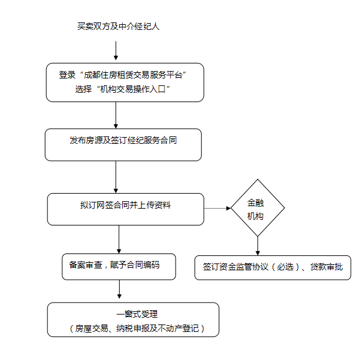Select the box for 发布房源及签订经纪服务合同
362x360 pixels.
(123, 144)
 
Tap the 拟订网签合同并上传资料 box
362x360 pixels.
(125, 209)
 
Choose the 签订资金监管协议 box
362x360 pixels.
(272, 267)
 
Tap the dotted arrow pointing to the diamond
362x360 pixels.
(218, 208)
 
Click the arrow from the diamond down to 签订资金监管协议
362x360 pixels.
(257, 245)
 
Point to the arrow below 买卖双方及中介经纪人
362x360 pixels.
(116, 51)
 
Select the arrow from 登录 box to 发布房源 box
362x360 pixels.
(116, 115)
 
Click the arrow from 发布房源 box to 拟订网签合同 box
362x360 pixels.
(116, 177)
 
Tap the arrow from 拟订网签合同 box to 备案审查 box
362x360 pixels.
(118, 239)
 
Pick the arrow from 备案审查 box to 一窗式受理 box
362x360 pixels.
(118, 290)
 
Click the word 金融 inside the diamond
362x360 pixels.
(256, 203)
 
